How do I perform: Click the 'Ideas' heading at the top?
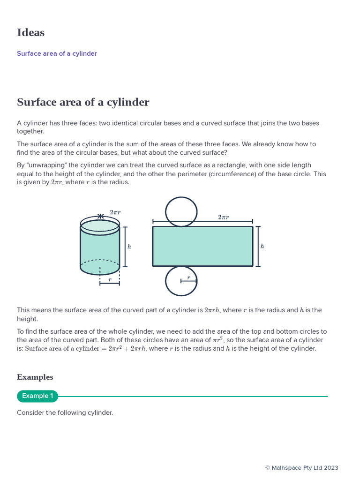tap(30, 33)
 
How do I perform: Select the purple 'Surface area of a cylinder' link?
tap(57, 53)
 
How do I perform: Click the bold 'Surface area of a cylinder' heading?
tap(83, 102)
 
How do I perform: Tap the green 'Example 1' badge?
tap(37, 396)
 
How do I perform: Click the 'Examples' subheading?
tap(35, 377)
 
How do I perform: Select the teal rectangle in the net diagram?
tap(202, 247)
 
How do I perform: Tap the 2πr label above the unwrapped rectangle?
tap(223, 217)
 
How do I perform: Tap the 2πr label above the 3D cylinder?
tap(115, 212)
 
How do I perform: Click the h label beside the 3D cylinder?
tap(129, 247)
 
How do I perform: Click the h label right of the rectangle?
tap(262, 247)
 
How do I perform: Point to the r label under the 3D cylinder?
tap(110, 280)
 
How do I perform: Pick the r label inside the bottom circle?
tap(188, 277)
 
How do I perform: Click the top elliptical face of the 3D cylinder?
tap(100, 226)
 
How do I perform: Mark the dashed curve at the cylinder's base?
tap(100, 260)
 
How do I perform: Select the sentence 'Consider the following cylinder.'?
tap(65, 413)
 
